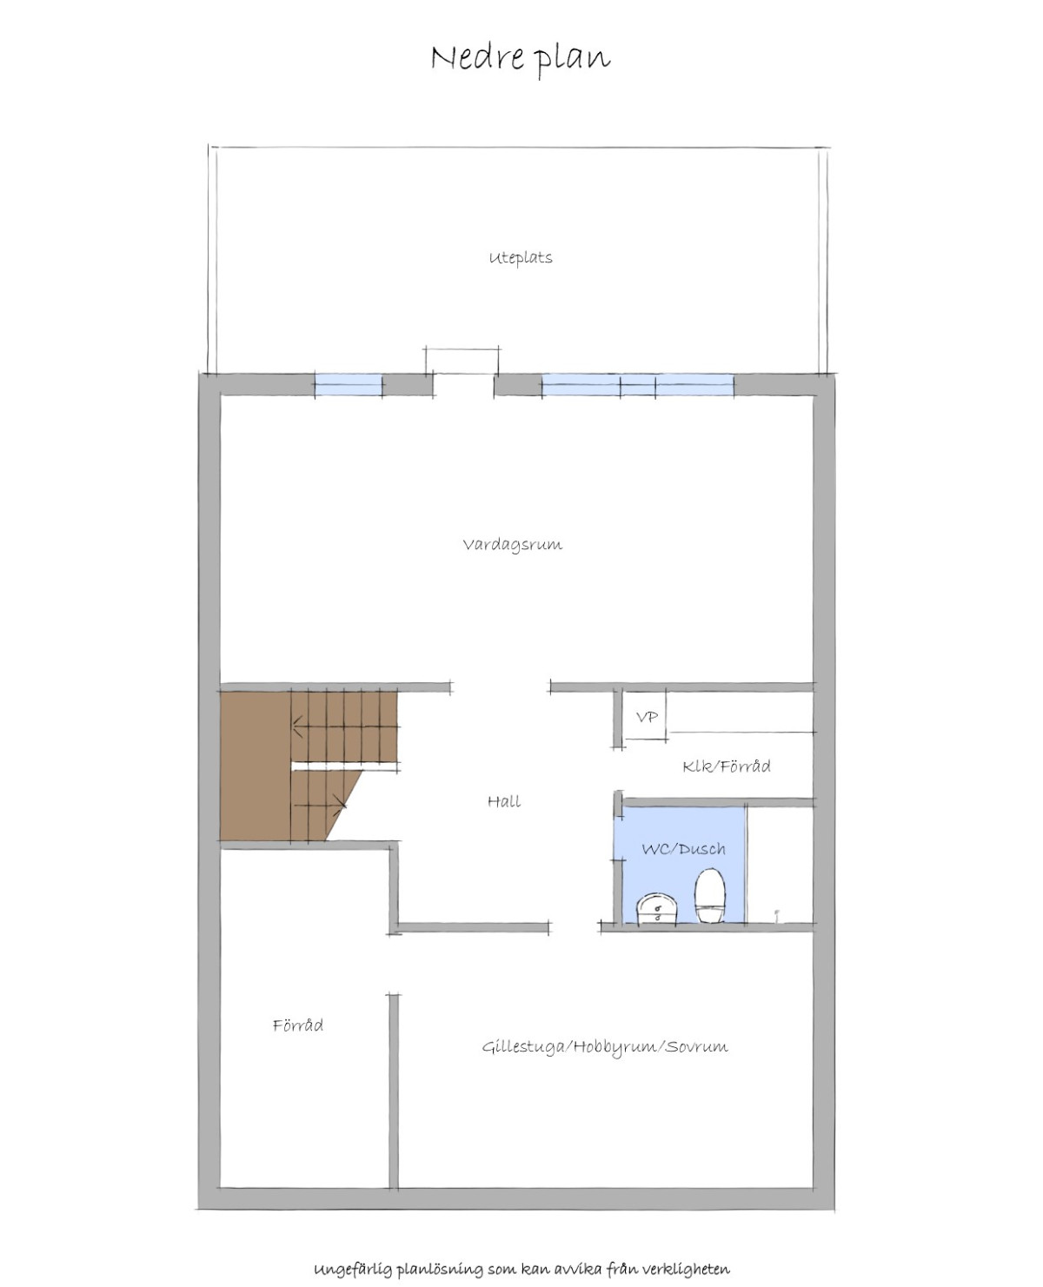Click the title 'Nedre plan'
pos(521,59)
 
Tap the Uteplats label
pos(521,258)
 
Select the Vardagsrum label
pos(513,545)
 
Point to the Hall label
pos(504,801)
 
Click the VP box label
pos(647,717)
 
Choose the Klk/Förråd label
pos(727,766)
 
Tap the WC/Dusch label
pos(683,849)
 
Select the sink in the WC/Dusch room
pos(657,908)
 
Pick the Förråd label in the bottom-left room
pos(298,1025)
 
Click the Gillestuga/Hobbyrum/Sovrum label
pos(605,1047)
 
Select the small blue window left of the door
pos(348,385)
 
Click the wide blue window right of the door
pos(637,385)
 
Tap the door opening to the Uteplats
pos(463,385)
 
